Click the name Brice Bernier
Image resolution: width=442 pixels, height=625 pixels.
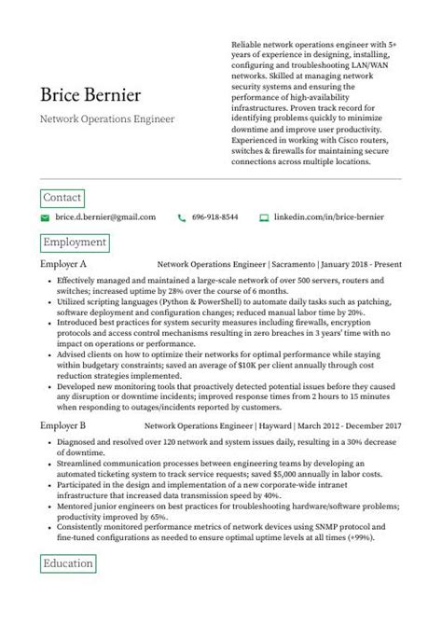point(90,96)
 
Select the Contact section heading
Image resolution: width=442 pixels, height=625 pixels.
point(62,197)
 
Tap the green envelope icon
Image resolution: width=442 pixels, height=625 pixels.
point(44,217)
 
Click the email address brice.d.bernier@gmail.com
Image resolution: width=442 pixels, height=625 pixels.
point(105,217)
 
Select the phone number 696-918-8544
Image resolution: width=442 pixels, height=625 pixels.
point(214,217)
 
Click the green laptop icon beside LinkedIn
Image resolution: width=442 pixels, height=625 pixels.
point(264,217)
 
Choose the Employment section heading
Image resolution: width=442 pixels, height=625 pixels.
point(75,243)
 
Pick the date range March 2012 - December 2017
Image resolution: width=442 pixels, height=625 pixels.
point(350,425)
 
